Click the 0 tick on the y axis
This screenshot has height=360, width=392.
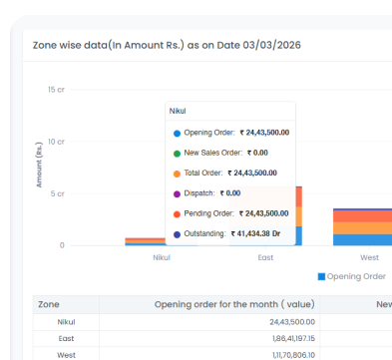pos(62,244)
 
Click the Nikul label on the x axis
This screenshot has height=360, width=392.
pos(161,257)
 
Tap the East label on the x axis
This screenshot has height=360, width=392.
pos(265,257)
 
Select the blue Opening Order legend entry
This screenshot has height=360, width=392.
pos(351,276)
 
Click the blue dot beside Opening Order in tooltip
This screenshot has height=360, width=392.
pos(177,132)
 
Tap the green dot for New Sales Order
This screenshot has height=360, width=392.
pos(177,153)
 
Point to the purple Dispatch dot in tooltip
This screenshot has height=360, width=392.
pos(177,192)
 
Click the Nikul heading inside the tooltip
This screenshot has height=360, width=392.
pos(179,111)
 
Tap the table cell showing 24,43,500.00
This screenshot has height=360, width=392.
pos(292,322)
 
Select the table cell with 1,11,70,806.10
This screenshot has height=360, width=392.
pos(292,355)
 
